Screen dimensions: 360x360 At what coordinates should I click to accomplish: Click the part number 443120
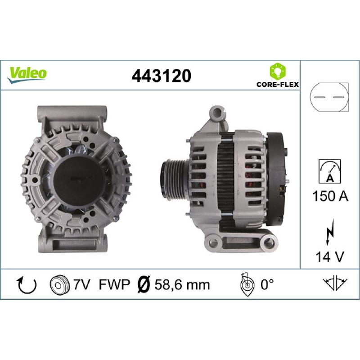click(161, 76)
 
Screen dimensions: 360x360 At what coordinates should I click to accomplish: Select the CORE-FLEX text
click(278, 84)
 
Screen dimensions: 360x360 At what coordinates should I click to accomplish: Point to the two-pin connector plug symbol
click(329, 97)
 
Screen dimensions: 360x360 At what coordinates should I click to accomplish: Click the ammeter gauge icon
click(330, 171)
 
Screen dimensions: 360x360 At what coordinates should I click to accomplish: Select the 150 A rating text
click(330, 196)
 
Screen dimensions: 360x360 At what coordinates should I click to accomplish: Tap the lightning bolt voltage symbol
click(330, 232)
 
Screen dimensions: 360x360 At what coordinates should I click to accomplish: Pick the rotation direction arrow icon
click(27, 285)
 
